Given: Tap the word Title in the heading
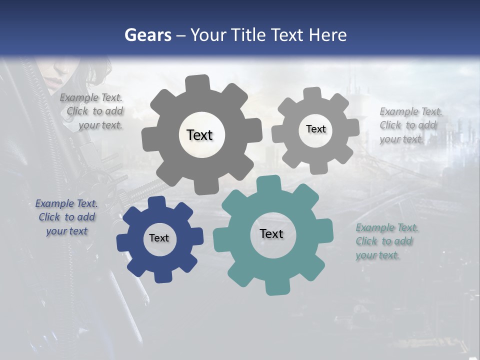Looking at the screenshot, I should pyautogui.click(x=249, y=35).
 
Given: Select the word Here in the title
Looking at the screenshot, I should pyautogui.click(x=328, y=35).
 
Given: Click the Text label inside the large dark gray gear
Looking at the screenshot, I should pyautogui.click(x=200, y=135).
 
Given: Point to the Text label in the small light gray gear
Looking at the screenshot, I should pyautogui.click(x=315, y=129).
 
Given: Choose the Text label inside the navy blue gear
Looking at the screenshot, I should pyautogui.click(x=159, y=238).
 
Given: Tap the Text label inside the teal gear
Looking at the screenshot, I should pyautogui.click(x=271, y=233).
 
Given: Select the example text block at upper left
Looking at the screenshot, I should pyautogui.click(x=92, y=111).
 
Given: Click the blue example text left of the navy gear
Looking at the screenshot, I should pyautogui.click(x=67, y=217).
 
